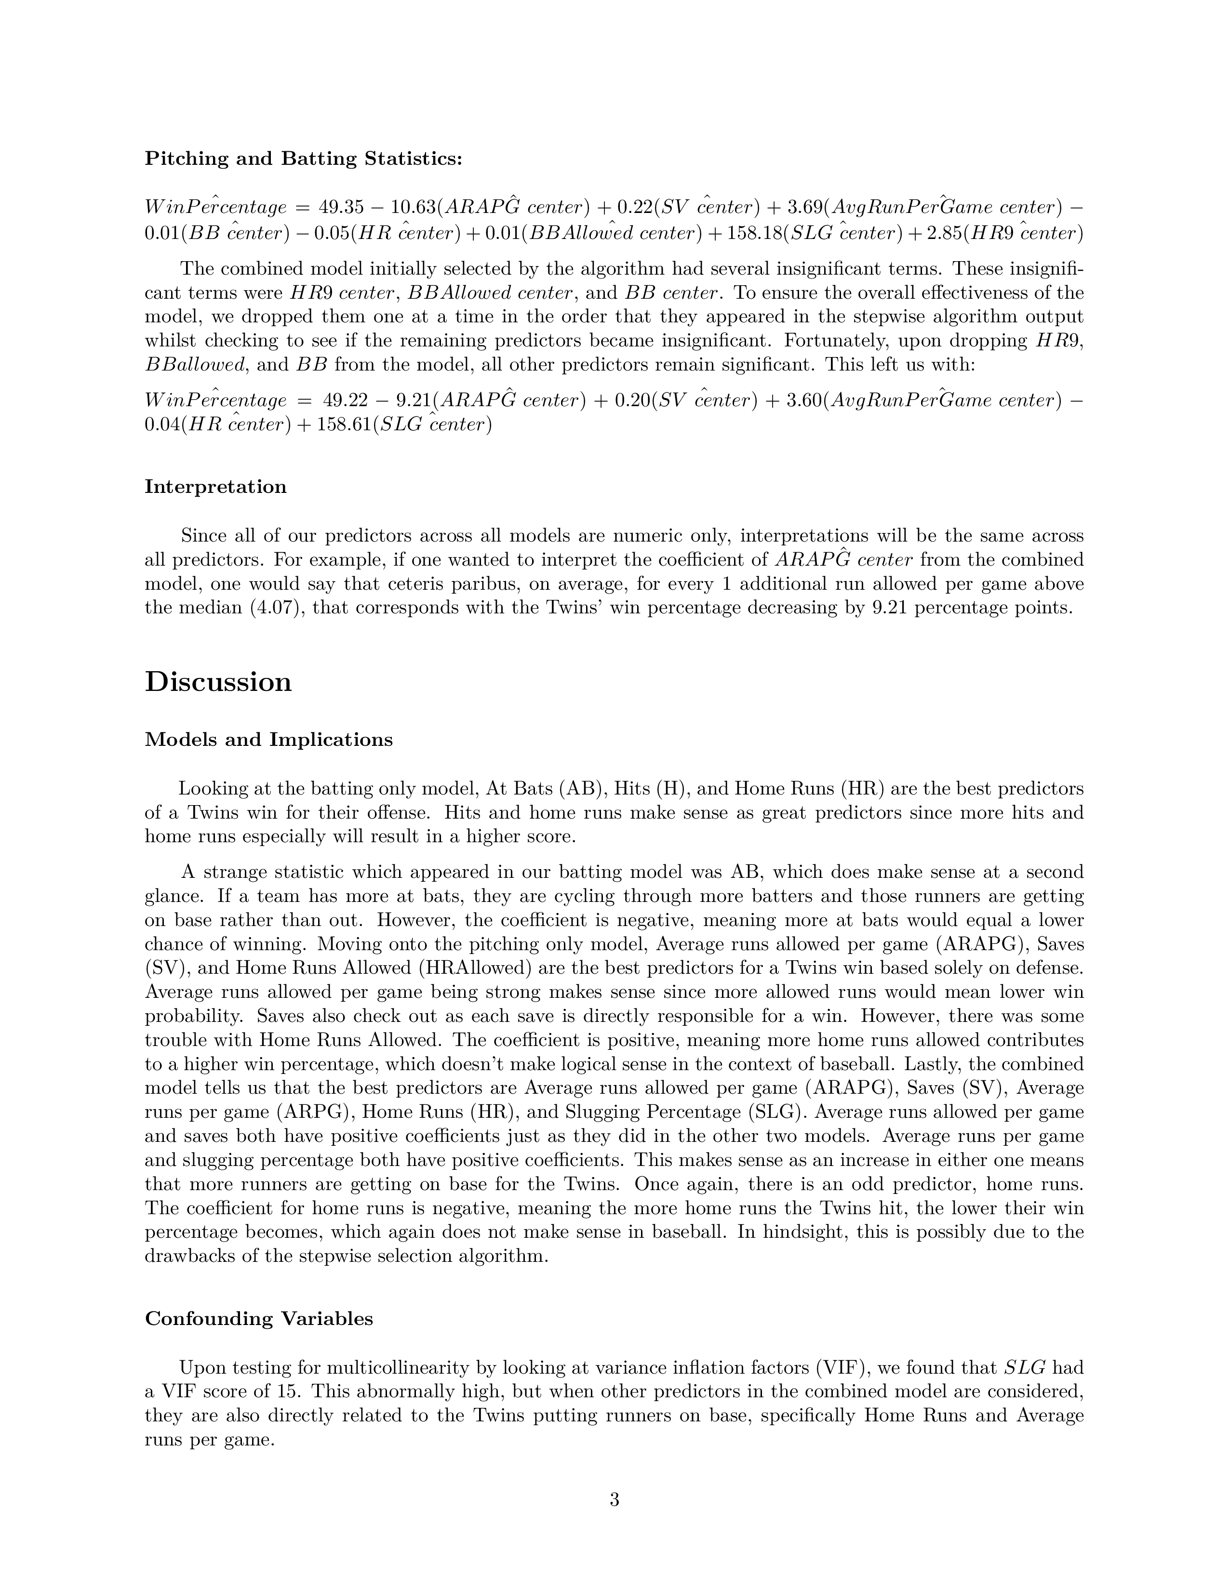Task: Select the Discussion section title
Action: [218, 682]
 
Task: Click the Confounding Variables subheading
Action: [258, 1318]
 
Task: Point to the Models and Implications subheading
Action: [268, 740]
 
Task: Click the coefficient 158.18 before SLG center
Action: [752, 234]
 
